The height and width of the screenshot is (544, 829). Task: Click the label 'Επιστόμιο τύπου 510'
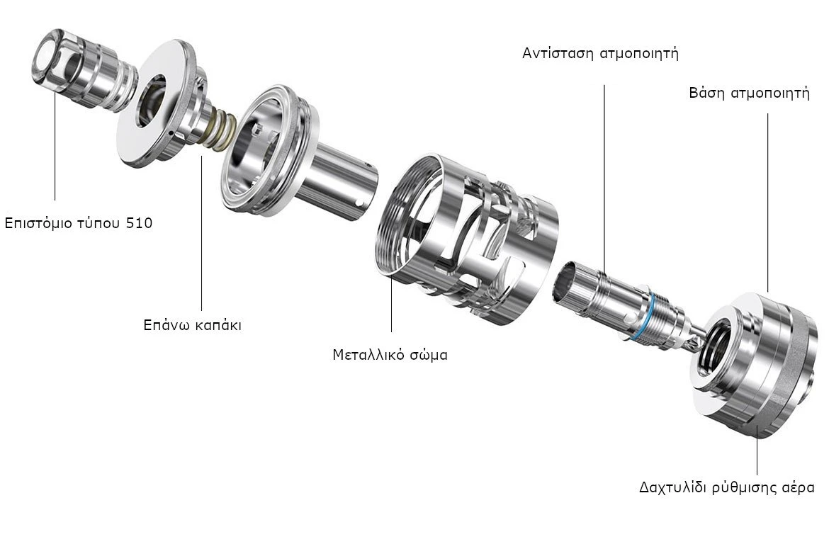point(78,223)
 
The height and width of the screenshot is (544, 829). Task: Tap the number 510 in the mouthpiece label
point(140,222)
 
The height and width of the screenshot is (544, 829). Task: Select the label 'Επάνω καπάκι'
point(193,324)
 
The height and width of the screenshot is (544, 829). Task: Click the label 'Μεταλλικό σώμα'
point(390,354)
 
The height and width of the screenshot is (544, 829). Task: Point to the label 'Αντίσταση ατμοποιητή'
point(600,54)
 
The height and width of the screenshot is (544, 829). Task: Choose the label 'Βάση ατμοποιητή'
point(749,93)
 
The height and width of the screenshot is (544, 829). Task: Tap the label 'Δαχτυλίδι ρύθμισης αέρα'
point(726,487)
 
